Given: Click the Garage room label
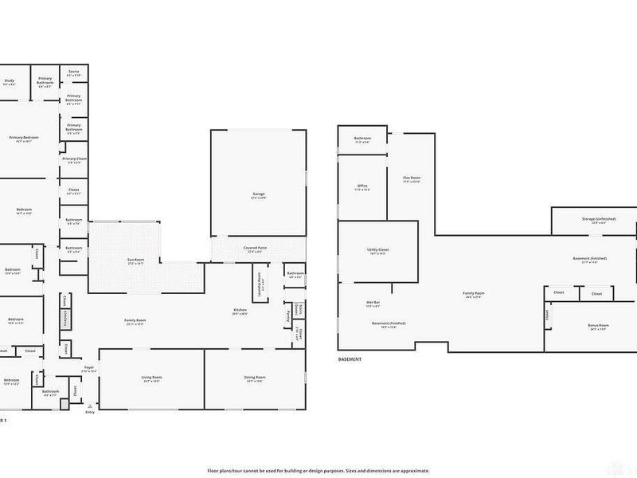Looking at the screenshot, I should click(x=259, y=194).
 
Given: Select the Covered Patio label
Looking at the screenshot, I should click(x=256, y=248).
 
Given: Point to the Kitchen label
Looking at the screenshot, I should click(x=240, y=309).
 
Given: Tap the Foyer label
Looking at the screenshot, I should click(x=89, y=367).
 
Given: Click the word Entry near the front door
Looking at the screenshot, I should click(x=89, y=412).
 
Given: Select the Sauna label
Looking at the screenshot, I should click(x=73, y=72).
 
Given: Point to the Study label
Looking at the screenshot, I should click(x=10, y=80).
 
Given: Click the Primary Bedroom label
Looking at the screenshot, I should click(x=24, y=138).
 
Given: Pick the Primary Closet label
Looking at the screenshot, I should click(x=74, y=159).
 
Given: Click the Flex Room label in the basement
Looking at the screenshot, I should click(x=411, y=178).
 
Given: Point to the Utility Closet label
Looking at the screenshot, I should click(x=378, y=249).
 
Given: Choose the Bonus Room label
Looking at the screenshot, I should click(x=599, y=325).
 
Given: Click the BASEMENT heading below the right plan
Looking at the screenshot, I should click(x=350, y=359).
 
